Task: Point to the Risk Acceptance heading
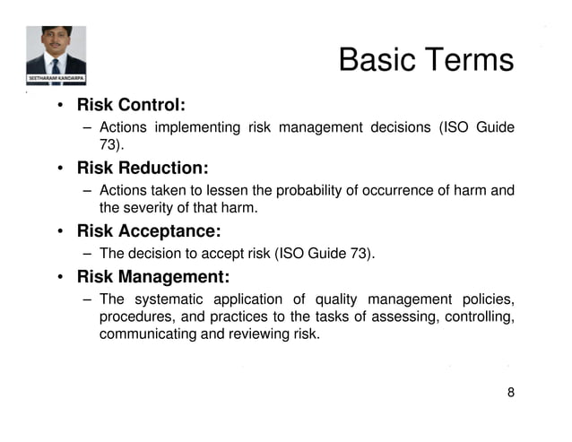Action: pos(149,231)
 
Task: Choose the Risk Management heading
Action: pos(153,276)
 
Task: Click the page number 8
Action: pos(511,393)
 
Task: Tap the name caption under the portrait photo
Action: pos(56,79)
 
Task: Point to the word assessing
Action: pos(398,317)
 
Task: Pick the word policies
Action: pos(487,299)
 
